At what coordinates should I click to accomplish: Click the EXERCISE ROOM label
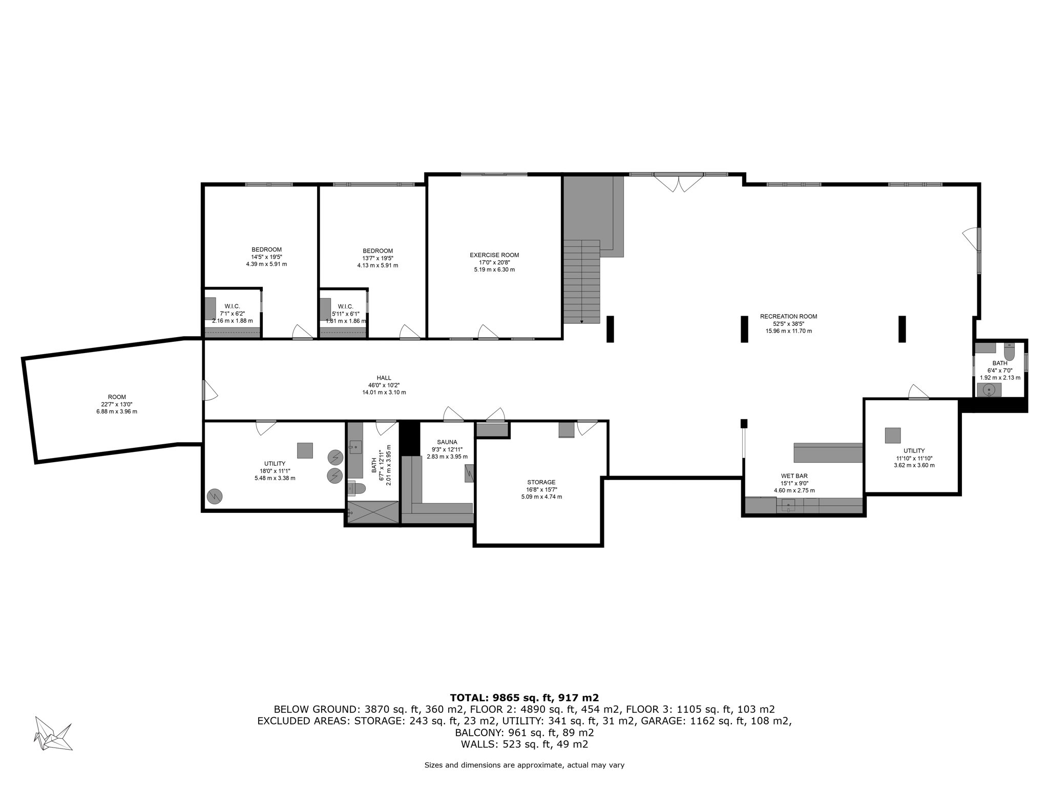tap(494, 255)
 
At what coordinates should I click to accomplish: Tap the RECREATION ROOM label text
tap(788, 317)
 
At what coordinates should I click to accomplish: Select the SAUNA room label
tap(447, 442)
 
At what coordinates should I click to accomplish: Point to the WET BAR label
tap(794, 476)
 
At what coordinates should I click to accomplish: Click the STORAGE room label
tap(541, 482)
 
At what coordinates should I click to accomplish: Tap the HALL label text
tap(384, 378)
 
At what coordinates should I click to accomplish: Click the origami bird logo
tap(53, 734)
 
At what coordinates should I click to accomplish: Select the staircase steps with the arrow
tap(582, 282)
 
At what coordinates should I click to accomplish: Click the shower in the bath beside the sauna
tap(373, 512)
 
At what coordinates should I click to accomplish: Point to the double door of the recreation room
tap(679, 183)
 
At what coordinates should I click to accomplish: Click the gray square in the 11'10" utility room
tap(892, 436)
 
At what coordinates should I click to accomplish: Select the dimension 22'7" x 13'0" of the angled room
tap(117, 404)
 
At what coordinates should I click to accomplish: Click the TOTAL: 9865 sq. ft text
tap(524, 697)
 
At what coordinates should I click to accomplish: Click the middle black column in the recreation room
tap(744, 329)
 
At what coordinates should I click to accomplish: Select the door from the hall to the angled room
tap(209, 390)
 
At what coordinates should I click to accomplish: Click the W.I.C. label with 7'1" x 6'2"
tap(232, 306)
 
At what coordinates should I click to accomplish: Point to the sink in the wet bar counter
tap(788, 506)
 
